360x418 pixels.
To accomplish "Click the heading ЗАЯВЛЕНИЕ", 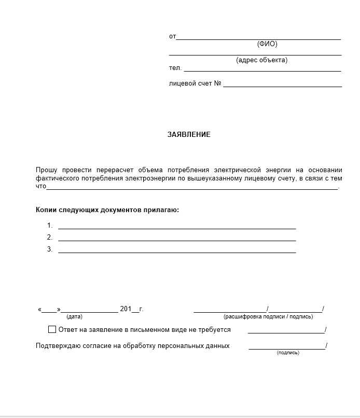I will pos(189,134).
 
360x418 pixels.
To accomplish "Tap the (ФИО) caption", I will pos(267,44).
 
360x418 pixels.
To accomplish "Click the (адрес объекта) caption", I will pos(261,60).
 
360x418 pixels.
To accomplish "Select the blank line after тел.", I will pos(262,70).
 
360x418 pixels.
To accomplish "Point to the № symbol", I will pos(217,83).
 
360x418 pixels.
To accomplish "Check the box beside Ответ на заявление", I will pos(52,329).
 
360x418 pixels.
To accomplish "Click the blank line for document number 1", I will pos(176,228).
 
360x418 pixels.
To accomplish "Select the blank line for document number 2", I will pos(176,240).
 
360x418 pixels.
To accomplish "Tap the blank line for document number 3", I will pos(176,252).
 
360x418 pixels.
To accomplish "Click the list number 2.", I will pos(50,238).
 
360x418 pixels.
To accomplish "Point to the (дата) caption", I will pos(74,316).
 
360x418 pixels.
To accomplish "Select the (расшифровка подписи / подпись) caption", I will pos(268,316).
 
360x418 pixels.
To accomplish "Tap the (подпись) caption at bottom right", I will pos(288,353).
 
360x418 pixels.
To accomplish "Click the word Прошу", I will pos(46,170).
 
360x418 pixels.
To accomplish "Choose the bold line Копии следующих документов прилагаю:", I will pos(107,210).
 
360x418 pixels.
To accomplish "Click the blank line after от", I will pos(258,38).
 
